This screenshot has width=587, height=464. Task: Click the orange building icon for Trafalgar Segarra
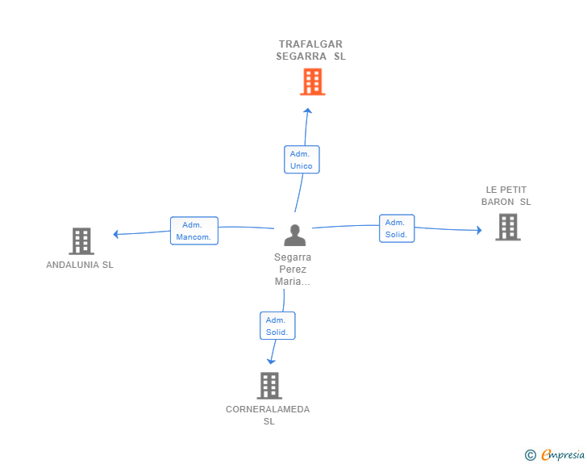[313, 82]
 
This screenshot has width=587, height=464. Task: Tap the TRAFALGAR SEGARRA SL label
[310, 50]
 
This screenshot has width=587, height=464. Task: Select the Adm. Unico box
[302, 160]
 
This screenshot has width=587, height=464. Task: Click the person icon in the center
[295, 235]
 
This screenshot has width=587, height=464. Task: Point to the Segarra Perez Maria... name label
[293, 269]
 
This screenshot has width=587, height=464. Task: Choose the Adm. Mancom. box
[194, 231]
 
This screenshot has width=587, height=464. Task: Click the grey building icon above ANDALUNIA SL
[81, 241]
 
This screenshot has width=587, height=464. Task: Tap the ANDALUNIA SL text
[80, 265]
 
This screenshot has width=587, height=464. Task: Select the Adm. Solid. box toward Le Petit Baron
[397, 228]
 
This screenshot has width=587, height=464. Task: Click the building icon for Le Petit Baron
[508, 227]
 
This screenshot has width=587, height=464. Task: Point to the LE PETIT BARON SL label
[506, 195]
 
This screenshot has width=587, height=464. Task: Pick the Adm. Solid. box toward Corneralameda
[277, 326]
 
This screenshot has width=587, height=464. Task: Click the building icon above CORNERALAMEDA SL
[269, 386]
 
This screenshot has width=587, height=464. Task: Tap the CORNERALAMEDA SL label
[268, 415]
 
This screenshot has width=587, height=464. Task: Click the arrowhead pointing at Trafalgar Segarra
[308, 111]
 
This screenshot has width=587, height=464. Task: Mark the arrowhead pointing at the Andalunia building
[115, 234]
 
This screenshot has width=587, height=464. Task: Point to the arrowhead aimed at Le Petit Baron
[479, 230]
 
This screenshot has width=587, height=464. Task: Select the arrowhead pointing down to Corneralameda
[271, 362]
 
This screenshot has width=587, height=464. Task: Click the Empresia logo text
[563, 454]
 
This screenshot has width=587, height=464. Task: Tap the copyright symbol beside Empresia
[531, 455]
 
